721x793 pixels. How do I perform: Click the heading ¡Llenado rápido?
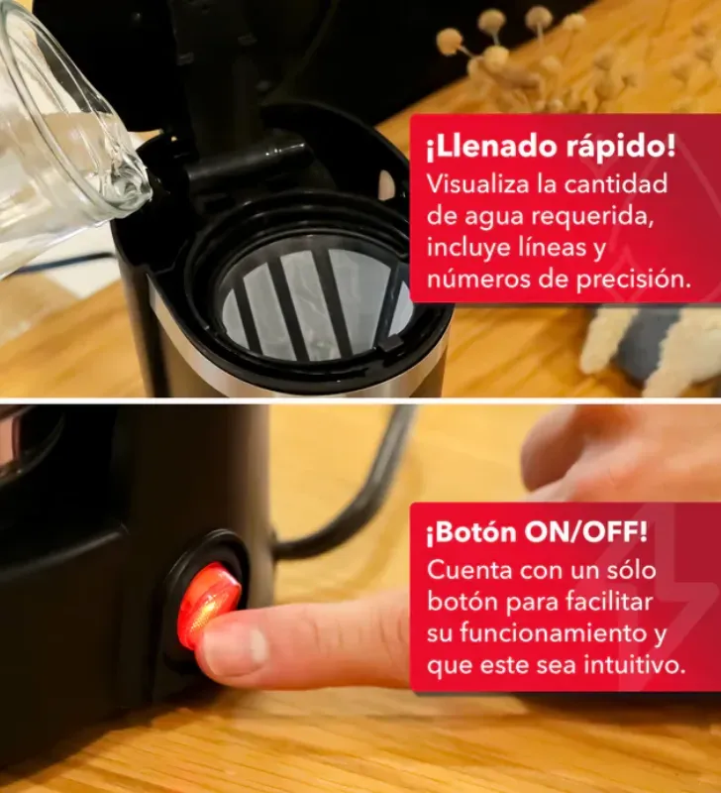click(551, 148)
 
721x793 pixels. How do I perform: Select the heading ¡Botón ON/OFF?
click(536, 534)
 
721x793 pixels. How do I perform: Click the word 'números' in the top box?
click(471, 280)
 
